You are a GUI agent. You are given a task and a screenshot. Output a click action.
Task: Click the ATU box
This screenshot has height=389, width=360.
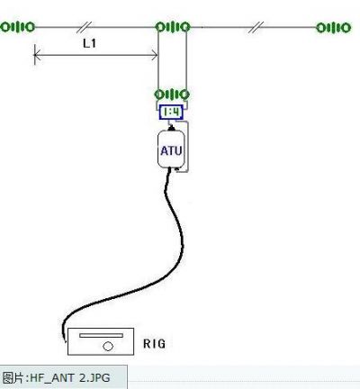coord(171,149)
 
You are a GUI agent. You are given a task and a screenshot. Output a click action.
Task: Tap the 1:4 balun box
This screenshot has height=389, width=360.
coord(171,113)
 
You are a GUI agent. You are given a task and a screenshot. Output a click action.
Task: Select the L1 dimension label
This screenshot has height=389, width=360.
coord(89,43)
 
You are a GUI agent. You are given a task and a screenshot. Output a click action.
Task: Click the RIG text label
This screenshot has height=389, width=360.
coord(154,344)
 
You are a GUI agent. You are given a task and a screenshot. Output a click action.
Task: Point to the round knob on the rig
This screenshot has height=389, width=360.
coord(108,347)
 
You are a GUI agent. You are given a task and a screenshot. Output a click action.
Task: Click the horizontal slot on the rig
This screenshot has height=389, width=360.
coord(101,335)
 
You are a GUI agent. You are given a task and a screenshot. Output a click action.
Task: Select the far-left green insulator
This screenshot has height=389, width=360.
coord(18,27)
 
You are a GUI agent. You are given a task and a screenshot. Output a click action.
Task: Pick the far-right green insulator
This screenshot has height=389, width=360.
coord(334,28)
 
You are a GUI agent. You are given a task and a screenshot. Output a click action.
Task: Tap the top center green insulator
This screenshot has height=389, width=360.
coord(173,27)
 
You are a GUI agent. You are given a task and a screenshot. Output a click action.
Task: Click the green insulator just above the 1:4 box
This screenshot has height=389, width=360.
coord(172,95)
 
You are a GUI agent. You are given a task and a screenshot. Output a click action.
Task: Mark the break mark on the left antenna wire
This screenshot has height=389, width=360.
coord(85,27)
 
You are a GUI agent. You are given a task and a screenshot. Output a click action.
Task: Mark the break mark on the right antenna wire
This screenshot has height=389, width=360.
coord(256,27)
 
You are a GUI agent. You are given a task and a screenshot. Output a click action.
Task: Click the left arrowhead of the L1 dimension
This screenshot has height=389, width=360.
coord(35,55)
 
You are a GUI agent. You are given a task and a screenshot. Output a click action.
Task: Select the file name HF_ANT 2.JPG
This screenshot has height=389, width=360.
coord(70,377)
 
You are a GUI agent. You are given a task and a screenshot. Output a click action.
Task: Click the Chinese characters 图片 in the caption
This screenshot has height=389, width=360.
coord(13,377)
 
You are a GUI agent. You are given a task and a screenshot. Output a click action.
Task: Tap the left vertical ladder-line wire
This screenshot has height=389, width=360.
coord(158,60)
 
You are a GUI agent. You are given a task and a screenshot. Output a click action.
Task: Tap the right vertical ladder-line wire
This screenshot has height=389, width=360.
coord(186,60)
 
